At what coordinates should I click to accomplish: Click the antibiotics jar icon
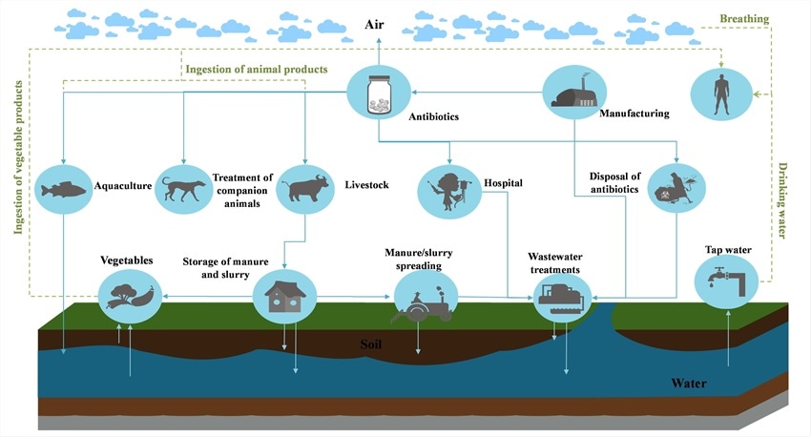point(378,93)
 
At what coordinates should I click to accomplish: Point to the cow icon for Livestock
point(305,186)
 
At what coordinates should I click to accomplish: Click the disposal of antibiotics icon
point(678,188)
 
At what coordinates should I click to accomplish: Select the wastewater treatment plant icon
point(561,297)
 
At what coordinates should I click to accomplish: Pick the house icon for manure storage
point(284,296)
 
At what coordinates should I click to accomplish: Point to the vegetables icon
point(131,292)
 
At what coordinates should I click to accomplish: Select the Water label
point(691,384)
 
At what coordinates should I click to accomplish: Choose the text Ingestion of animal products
point(256,69)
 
